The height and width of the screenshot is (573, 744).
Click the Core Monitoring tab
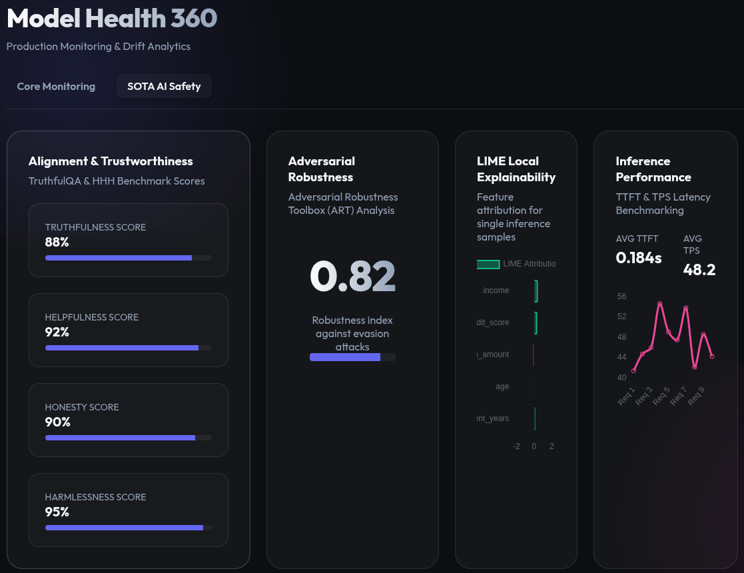coord(56,86)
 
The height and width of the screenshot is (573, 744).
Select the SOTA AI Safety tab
coord(164,86)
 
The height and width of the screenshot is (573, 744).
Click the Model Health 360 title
coord(112,19)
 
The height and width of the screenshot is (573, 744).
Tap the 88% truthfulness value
coord(57,242)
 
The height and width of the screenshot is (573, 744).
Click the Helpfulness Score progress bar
coord(128,348)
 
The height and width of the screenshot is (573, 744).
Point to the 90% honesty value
coord(57,422)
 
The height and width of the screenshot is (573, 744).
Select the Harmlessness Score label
coord(95,497)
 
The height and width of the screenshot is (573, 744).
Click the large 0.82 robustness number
coord(352,277)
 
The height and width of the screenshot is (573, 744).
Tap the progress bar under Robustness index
coord(352,357)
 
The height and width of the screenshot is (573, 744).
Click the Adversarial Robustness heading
coord(322,169)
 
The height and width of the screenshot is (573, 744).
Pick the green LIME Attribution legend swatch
coord(488,264)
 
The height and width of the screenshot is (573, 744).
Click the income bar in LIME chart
coord(536,290)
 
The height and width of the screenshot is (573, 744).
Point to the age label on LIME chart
coord(502,386)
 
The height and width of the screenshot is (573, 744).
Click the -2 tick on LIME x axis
coord(516,446)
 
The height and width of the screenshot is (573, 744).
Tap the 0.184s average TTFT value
coord(639,258)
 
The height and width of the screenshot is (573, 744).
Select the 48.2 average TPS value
coord(699,269)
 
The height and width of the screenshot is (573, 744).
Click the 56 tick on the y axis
coord(621,296)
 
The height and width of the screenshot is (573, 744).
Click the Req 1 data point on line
coord(634,370)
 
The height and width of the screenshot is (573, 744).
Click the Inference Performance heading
coord(653,169)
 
